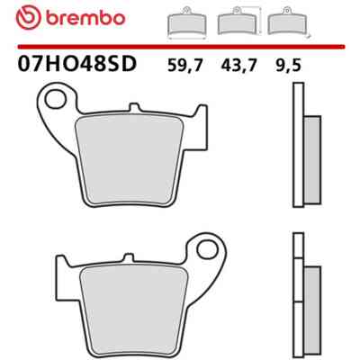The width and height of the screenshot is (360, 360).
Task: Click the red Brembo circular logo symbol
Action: (29, 18)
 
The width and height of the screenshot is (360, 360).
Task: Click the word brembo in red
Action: (85, 19)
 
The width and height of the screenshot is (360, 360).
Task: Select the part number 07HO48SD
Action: (77, 64)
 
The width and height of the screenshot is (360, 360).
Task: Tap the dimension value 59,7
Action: (185, 65)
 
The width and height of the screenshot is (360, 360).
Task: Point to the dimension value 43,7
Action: (238, 65)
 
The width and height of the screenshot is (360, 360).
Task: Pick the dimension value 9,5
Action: (288, 65)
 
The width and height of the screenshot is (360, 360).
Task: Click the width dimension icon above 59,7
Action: (186, 23)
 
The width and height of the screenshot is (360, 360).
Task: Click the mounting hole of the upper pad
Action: (56, 99)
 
